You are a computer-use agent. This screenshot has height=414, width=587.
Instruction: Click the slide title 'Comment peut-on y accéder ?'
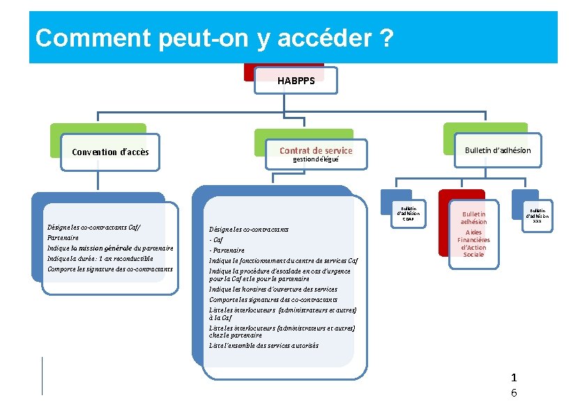pyautogui.click(x=214, y=38)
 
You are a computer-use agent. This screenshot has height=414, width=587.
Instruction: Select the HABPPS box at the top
pyautogui.click(x=296, y=81)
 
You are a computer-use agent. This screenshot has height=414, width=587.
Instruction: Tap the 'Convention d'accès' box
pyautogui.click(x=110, y=152)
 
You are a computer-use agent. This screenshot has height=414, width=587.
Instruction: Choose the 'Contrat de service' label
pyautogui.click(x=316, y=150)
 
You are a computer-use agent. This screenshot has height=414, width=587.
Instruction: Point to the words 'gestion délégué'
pyautogui.click(x=316, y=159)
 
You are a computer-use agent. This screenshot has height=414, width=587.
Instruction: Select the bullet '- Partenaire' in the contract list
pyautogui.click(x=227, y=250)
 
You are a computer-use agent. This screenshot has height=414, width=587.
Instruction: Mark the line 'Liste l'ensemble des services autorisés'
pyautogui.click(x=264, y=345)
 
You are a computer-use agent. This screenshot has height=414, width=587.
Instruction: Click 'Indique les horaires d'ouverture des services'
pyautogui.click(x=273, y=289)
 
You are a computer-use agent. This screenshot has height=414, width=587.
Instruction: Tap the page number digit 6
pyautogui.click(x=514, y=393)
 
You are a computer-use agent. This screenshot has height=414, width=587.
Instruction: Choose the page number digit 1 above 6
pyautogui.click(x=514, y=378)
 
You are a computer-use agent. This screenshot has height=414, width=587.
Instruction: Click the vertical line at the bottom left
pyautogui.click(x=42, y=376)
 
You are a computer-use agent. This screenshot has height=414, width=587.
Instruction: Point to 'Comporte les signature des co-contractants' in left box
pyautogui.click(x=109, y=269)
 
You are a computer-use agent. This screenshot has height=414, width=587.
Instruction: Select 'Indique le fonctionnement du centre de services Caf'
pyautogui.click(x=283, y=260)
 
